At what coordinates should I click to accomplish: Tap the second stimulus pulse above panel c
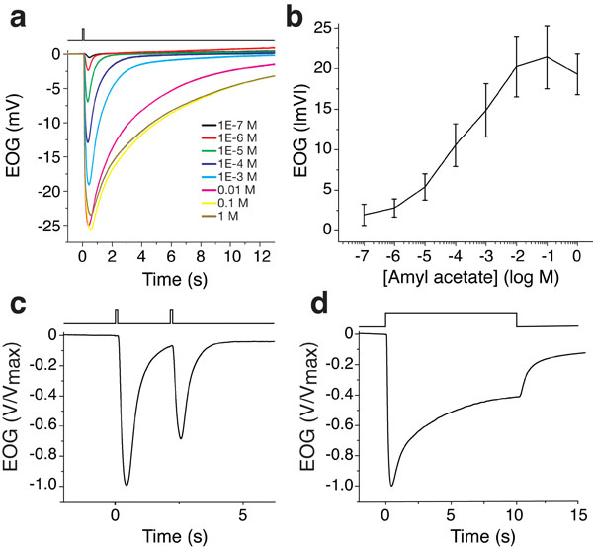tap(172, 316)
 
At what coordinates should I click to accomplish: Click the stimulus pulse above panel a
tap(84, 33)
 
